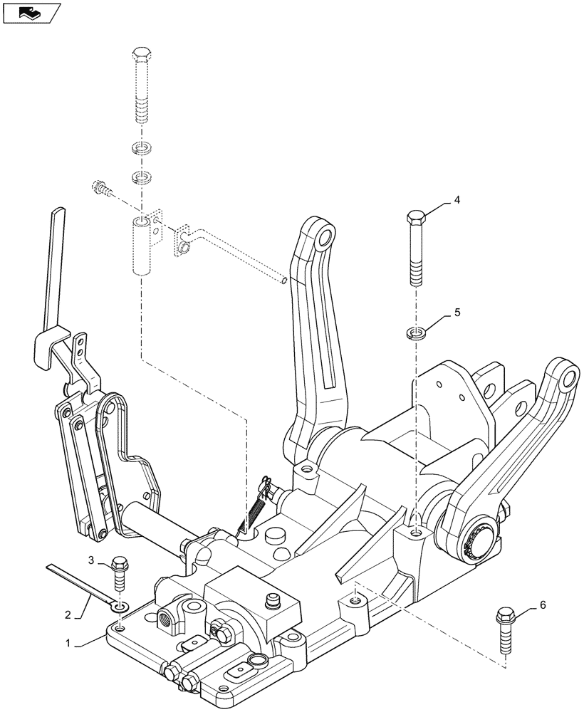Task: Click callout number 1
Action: coord(69,643)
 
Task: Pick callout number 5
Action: coord(456,312)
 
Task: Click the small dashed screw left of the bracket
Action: coord(102,189)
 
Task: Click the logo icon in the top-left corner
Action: coord(31,13)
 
